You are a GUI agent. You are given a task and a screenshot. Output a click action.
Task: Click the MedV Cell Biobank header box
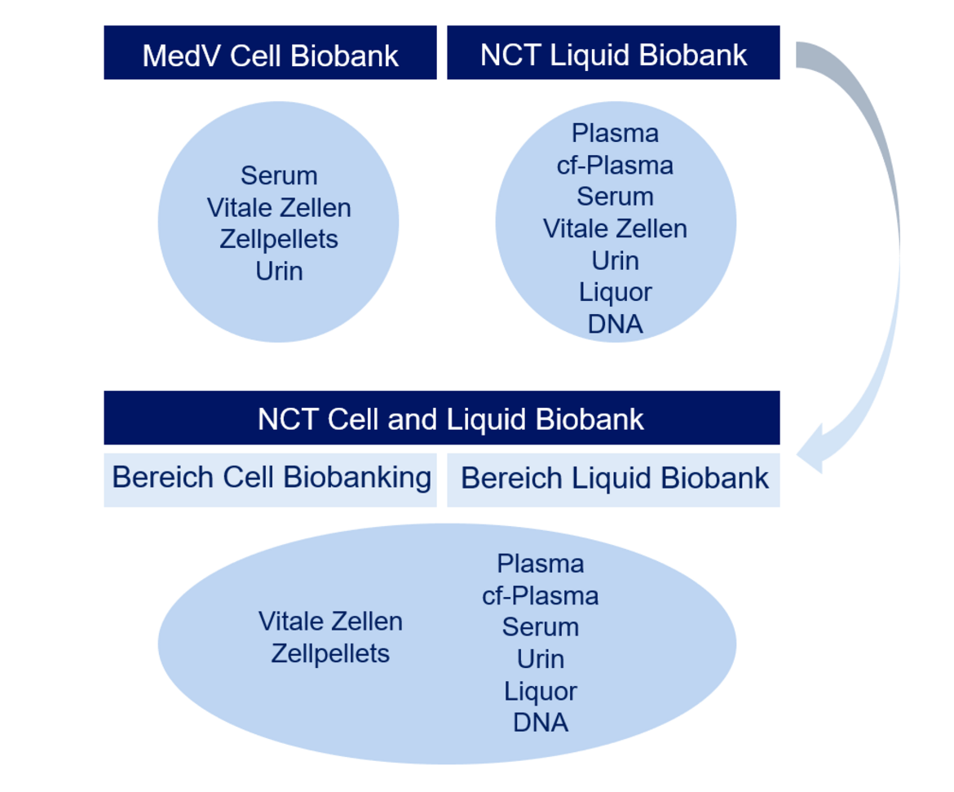[x=270, y=52]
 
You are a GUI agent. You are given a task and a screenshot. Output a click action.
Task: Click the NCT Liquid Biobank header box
[x=613, y=52]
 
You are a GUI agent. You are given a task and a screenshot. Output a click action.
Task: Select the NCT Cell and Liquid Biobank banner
[x=442, y=418]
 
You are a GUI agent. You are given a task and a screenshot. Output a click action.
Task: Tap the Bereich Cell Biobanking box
[x=270, y=480]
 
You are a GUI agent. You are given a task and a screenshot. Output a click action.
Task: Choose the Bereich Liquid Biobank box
[x=613, y=480]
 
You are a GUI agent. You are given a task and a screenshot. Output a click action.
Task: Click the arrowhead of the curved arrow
[x=811, y=449]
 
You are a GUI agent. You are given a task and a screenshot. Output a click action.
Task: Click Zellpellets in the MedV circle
[x=279, y=239]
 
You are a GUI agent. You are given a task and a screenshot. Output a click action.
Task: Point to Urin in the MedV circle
[x=279, y=271]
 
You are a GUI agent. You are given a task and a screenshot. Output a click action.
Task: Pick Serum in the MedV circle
[x=279, y=175]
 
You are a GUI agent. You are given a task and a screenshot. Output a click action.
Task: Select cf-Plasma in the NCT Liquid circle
[x=615, y=165]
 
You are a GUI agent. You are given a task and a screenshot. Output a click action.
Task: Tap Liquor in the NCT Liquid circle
[x=615, y=292]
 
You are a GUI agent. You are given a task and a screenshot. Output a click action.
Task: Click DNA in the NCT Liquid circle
[x=615, y=324]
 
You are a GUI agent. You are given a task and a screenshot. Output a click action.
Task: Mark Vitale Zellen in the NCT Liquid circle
[x=615, y=229]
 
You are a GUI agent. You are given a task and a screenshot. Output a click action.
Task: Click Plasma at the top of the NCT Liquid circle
[x=615, y=133]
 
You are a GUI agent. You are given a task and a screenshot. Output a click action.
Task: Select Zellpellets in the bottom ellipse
[x=330, y=654]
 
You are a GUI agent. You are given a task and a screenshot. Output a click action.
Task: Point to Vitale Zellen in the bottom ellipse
[x=330, y=622]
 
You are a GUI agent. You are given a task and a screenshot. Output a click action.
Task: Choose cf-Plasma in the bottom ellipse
[x=541, y=595]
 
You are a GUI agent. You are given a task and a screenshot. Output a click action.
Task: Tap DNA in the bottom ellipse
[x=541, y=723]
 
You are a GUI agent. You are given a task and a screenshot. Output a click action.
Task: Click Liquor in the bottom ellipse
[x=541, y=691]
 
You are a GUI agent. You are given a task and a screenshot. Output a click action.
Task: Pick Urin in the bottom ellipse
[x=541, y=659]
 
